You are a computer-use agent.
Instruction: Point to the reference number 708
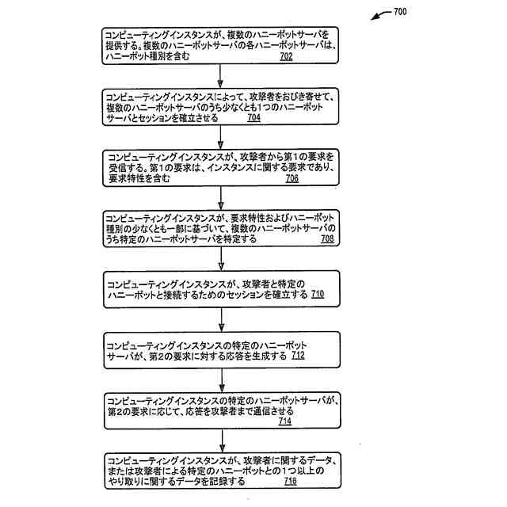click(x=327, y=239)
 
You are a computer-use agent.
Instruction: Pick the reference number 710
click(x=317, y=295)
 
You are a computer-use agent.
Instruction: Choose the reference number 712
click(x=297, y=356)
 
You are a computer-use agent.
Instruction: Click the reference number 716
click(x=290, y=482)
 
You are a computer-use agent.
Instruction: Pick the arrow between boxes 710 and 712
click(x=221, y=318)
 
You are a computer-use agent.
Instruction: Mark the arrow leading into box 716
click(x=221, y=440)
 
